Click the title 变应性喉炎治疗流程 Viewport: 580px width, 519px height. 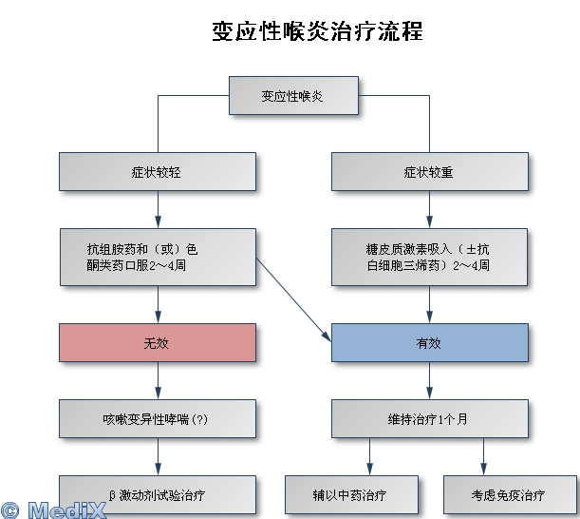point(317,31)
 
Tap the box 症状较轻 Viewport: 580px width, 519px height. point(158,172)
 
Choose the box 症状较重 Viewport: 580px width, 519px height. point(429,172)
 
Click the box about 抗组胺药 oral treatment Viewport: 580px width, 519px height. point(158,257)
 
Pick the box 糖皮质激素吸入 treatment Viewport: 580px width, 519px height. point(429,257)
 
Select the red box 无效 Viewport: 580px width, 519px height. point(158,343)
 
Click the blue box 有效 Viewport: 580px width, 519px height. point(429,343)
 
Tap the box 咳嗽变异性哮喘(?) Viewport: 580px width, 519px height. point(158,418)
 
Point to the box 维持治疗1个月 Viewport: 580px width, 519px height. point(429,418)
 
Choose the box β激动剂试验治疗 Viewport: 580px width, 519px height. point(158,494)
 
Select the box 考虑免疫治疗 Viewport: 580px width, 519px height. point(509,494)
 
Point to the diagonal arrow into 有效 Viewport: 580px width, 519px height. point(294,299)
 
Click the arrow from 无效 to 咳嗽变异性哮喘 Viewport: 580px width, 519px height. point(158,380)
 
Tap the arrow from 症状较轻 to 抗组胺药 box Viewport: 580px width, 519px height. point(158,209)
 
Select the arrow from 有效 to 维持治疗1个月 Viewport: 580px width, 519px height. point(429,380)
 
